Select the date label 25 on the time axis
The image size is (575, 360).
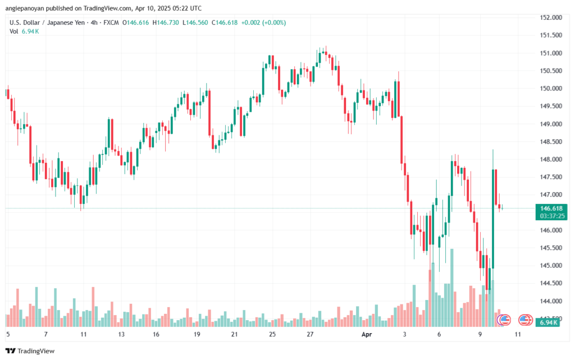(x=272, y=334)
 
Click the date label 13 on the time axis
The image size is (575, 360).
(x=121, y=334)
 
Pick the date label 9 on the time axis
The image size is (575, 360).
(x=480, y=334)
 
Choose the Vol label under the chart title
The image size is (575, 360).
(x=14, y=31)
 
